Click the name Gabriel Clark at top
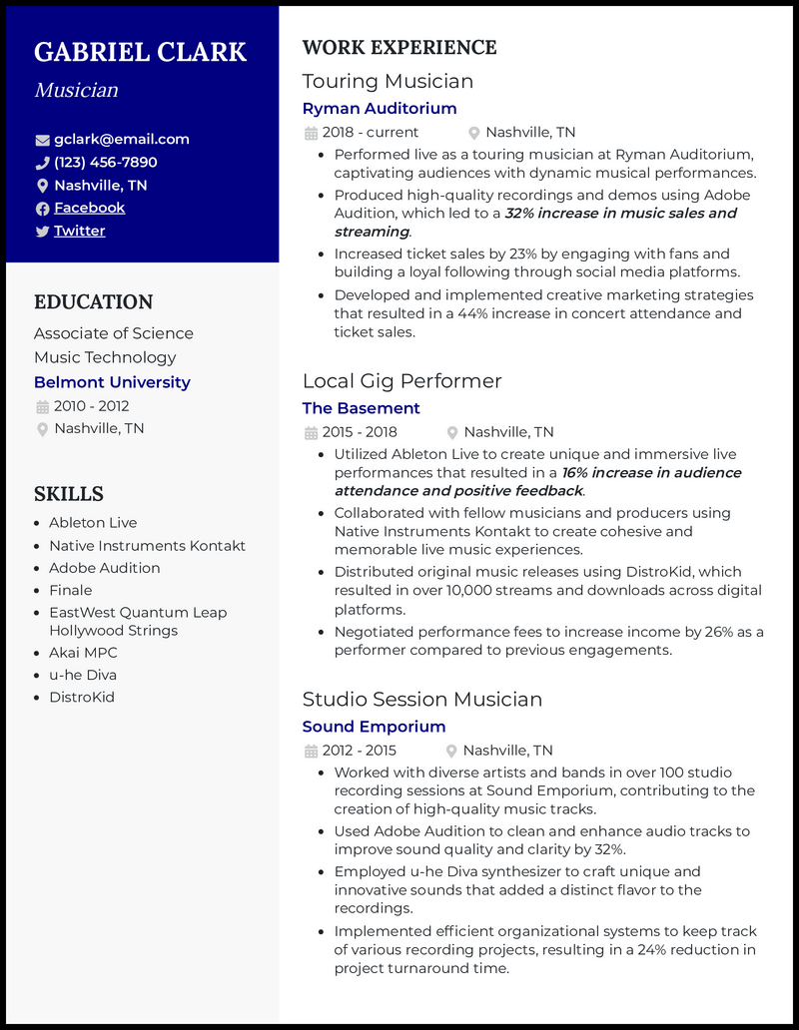[140, 52]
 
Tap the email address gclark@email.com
[121, 140]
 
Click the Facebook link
[89, 208]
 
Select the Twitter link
[79, 231]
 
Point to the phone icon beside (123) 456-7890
[42, 163]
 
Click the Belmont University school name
[112, 382]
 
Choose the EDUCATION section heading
[93, 302]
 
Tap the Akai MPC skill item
[83, 653]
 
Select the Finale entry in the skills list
[70, 590]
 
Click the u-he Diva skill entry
[83, 675]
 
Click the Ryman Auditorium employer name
[379, 109]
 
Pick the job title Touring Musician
[388, 81]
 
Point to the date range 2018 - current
[370, 133]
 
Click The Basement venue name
[361, 408]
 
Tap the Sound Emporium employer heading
[374, 727]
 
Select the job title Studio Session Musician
[421, 700]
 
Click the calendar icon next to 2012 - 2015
[311, 751]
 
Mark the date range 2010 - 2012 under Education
[91, 406]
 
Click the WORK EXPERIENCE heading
[399, 48]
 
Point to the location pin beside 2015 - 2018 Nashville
[452, 432]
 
